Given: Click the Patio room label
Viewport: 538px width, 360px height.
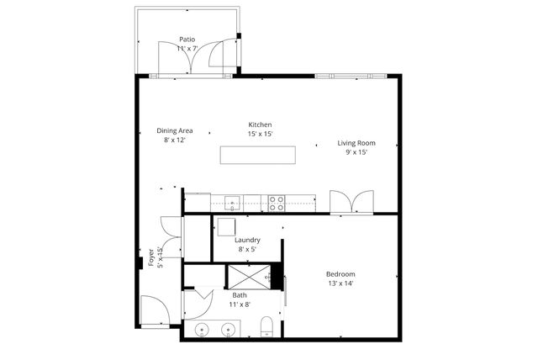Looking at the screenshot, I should coord(187,39).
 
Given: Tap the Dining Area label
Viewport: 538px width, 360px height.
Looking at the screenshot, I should coord(175,130).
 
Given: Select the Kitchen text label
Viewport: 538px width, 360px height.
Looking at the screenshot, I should coord(259,124).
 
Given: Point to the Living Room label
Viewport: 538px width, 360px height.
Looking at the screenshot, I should coord(356,143).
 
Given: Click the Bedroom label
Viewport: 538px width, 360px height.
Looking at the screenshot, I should coord(340,274).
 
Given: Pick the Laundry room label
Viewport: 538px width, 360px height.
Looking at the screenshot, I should coord(247,240).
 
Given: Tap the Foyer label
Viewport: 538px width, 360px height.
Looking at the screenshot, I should coord(152,256).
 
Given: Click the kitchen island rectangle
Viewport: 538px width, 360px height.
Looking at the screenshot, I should coord(258,156).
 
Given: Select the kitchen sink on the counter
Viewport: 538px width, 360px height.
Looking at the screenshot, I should coord(233,202).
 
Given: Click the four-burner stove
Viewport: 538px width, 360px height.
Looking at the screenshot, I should coord(277,202).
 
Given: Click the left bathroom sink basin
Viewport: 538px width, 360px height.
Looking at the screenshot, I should coord(201,329).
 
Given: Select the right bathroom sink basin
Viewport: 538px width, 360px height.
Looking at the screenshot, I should coord(228,329).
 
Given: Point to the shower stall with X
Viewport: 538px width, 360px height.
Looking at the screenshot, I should coord(250,275).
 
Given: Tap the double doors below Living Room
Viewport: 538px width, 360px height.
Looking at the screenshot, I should coord(349,202).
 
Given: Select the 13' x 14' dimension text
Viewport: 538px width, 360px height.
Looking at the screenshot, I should coord(340,283).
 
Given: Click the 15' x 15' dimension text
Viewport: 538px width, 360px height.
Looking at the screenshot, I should coord(259,133).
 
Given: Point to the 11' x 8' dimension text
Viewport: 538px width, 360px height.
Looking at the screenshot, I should coord(240,304).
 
